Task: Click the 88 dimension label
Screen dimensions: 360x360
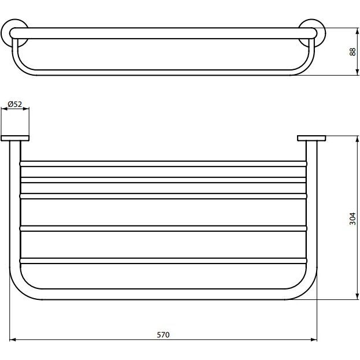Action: pyautogui.click(x=352, y=51)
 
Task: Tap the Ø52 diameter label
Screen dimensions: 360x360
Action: pyautogui.click(x=15, y=104)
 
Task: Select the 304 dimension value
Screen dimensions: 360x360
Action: pyautogui.click(x=352, y=219)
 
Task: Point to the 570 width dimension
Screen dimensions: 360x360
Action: pyautogui.click(x=163, y=335)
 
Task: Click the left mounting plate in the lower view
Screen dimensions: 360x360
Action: pyautogui.click(x=15, y=138)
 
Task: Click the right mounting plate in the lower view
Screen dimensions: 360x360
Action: pyautogui.click(x=311, y=138)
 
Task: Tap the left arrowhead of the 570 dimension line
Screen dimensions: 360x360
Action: pyautogui.click(x=12, y=340)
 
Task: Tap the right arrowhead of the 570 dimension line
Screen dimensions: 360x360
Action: pyautogui.click(x=314, y=340)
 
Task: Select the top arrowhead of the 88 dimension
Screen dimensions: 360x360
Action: pyautogui.click(x=357, y=31)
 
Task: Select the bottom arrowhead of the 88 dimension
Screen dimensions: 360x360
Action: pyautogui.click(x=357, y=72)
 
